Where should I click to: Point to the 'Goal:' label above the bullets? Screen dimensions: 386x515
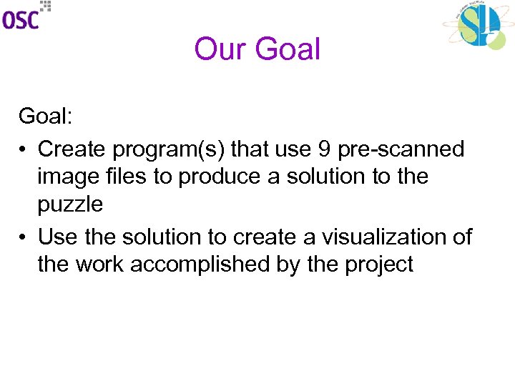(x=44, y=116)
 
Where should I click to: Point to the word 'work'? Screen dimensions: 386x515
(x=99, y=264)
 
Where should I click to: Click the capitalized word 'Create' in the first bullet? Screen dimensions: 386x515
(x=71, y=149)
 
